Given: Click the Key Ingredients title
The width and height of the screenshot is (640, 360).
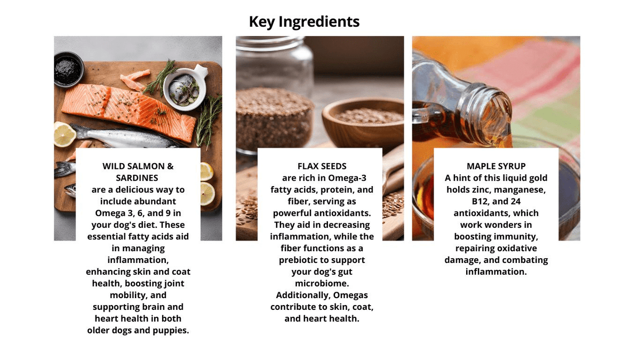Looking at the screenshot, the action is [x=305, y=22].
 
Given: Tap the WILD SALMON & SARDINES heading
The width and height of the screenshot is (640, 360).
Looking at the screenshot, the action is [x=138, y=172].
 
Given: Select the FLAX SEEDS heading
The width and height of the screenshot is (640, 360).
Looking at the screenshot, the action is [x=322, y=166].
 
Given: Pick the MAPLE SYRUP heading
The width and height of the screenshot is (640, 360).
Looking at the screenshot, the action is [x=496, y=166].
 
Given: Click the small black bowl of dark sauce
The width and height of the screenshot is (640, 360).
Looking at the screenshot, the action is [x=68, y=69].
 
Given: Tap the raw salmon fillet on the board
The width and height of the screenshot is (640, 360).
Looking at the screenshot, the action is [x=129, y=111].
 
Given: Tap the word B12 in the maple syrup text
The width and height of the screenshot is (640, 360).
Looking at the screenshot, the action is [x=481, y=202].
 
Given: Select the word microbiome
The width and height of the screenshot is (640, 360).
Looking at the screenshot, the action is [x=322, y=283].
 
